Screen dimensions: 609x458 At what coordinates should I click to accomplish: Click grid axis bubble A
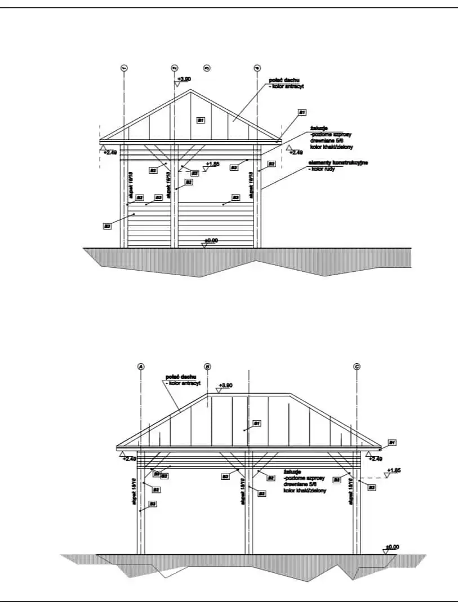pos(141,367)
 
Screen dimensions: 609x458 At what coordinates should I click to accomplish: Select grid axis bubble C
pos(357,367)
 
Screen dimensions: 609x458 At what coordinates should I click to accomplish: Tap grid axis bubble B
pos(207,367)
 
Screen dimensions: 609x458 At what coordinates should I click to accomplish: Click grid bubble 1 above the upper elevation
pos(124,68)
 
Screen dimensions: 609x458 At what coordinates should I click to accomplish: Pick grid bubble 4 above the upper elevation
pos(257,68)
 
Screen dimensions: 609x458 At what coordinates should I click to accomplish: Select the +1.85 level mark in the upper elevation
pos(212,165)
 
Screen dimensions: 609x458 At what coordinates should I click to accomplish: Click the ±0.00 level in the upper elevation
pos(211,241)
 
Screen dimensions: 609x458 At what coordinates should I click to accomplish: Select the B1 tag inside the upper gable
pos(200,120)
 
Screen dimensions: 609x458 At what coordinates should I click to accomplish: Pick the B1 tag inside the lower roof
pos(256,422)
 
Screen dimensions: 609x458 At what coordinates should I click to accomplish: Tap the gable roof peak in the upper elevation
pos(190,90)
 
